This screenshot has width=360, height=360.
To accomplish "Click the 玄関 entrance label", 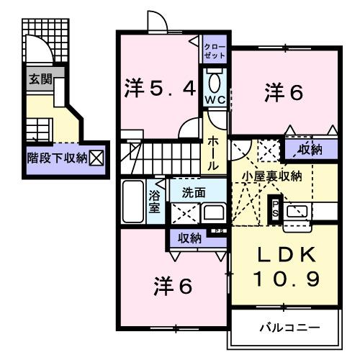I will click(40, 80).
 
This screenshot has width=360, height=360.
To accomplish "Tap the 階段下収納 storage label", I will click(57, 156).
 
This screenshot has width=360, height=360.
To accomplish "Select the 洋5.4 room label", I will click(159, 90).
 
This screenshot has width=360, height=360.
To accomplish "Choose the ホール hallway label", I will click(214, 152).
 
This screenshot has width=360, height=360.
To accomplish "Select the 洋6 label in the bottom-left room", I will click(173, 286).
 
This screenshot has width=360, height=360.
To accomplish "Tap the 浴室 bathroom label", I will click(155, 201).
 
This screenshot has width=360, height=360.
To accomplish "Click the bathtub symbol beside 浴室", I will click(134, 202).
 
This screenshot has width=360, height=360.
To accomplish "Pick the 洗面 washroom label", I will click(193, 192).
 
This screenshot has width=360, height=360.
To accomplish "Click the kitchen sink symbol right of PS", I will click(297, 212).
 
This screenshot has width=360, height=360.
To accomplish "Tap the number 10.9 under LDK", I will click(283, 279).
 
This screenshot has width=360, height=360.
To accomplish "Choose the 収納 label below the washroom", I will click(190, 238).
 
